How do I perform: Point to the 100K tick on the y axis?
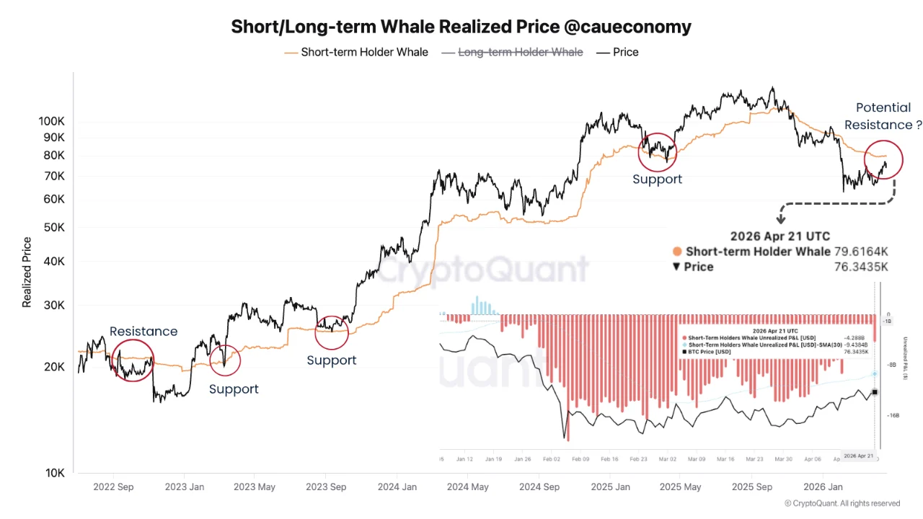tap(52, 121)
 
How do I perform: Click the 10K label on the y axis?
tap(55, 473)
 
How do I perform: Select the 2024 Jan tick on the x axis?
tap(397, 487)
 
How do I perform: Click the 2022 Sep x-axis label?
tap(113, 487)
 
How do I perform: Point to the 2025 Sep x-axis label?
tap(752, 487)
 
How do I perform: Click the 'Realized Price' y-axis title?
tap(27, 272)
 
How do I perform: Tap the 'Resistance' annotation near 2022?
tap(143, 332)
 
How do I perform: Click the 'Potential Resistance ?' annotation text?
tap(883, 116)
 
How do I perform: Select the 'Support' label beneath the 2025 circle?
tap(657, 179)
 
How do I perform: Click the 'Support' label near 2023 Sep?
tap(331, 360)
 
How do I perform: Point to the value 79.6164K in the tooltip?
tap(862, 252)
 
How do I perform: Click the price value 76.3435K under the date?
tap(862, 267)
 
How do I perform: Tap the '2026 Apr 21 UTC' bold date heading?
tap(780, 236)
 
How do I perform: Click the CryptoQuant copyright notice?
tap(842, 503)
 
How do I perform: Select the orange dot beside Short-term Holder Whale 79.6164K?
tap(676, 252)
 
